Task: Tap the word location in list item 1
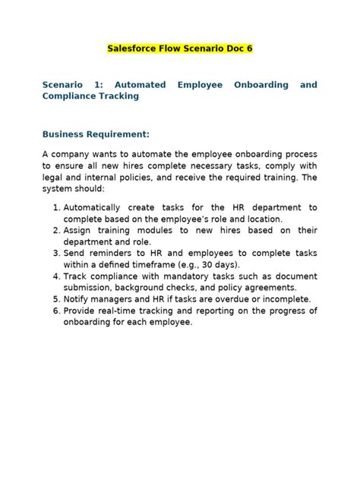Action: pyautogui.click(x=261, y=219)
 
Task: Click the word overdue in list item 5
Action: pyautogui.click(x=225, y=299)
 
